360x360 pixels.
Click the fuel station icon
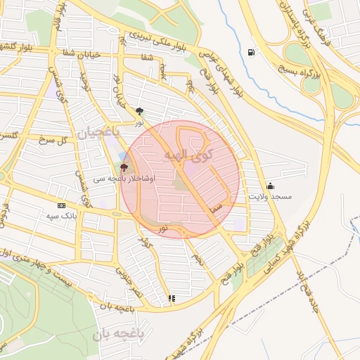coord(252,52)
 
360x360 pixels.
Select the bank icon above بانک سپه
coord(60,205)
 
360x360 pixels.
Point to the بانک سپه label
coord(60,215)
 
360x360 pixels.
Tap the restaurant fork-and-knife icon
coord(172,298)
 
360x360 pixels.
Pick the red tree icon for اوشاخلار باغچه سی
coord(124,167)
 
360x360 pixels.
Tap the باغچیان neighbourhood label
coord(98,131)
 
